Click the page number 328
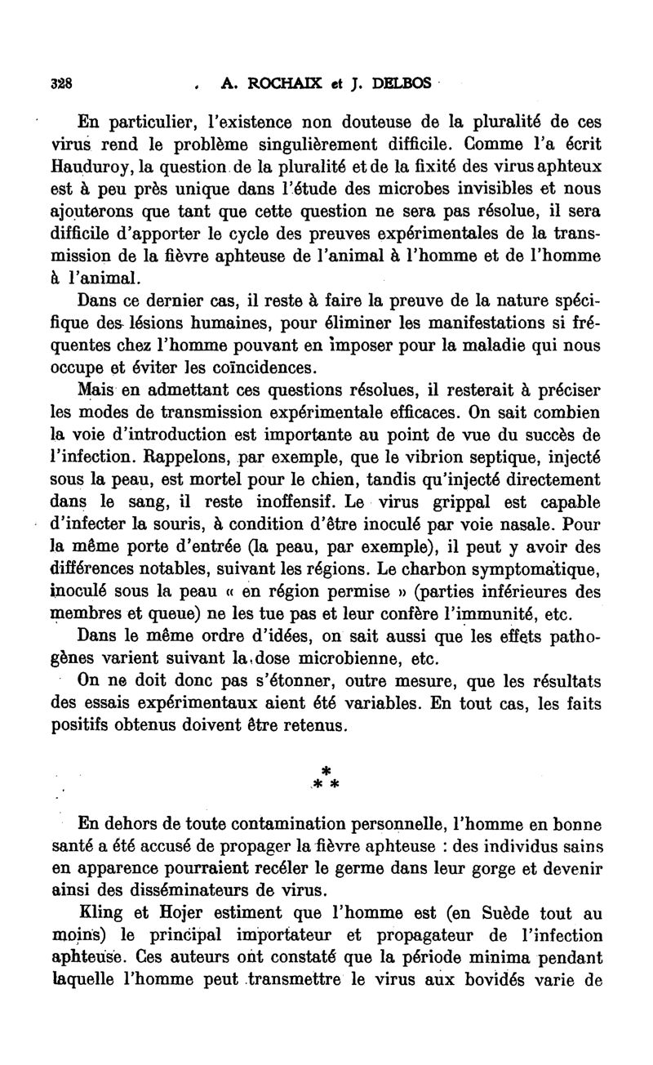[60, 82]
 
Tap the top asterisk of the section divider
[326, 770]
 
